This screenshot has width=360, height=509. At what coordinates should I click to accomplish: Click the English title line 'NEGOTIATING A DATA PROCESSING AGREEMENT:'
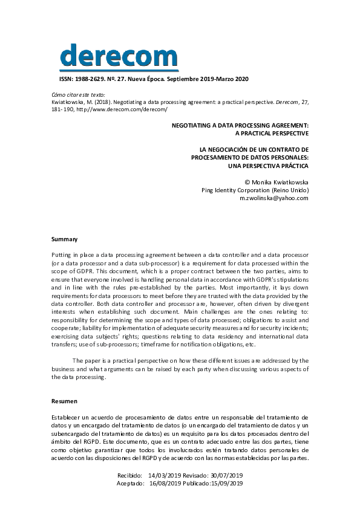240,125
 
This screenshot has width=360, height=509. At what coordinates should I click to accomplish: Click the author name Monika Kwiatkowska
280,181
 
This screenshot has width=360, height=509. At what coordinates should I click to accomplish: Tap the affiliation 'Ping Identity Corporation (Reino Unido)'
255,190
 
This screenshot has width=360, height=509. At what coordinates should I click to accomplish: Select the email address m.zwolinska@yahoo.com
273,198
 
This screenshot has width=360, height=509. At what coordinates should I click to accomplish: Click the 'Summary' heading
64,239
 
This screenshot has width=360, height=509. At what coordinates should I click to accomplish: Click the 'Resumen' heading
65,401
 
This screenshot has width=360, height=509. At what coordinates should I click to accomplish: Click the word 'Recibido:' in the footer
130,475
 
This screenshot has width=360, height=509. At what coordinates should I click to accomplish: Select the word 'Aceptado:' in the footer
130,484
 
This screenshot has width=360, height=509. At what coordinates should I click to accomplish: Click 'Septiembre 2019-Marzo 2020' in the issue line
208,79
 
